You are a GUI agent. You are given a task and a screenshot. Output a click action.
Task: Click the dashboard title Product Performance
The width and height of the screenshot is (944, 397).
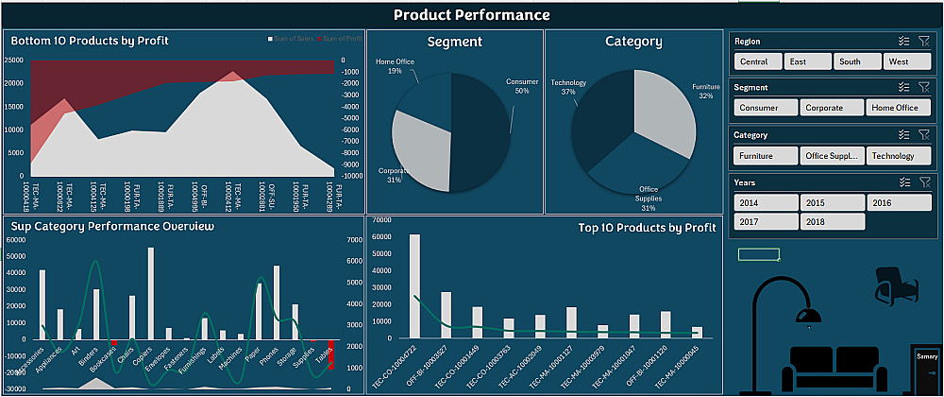click(x=471, y=14)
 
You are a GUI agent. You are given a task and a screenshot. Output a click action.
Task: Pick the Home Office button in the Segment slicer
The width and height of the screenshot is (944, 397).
click(x=895, y=108)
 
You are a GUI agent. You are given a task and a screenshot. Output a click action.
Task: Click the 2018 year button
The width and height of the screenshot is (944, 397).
click(x=833, y=221)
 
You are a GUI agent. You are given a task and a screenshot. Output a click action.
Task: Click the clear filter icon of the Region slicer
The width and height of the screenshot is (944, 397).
click(x=923, y=42)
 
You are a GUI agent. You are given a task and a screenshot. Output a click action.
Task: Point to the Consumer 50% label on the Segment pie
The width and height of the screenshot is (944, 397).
click(x=521, y=86)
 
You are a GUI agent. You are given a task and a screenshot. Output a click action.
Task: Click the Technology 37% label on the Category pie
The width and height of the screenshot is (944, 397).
click(x=568, y=87)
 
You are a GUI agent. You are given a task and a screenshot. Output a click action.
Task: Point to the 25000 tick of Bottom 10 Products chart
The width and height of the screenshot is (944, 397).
click(x=14, y=60)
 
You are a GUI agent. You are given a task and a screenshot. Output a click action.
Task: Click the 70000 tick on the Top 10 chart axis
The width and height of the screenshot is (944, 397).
click(x=380, y=220)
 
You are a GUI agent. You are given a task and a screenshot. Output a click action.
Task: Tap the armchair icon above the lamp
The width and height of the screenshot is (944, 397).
click(x=890, y=285)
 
